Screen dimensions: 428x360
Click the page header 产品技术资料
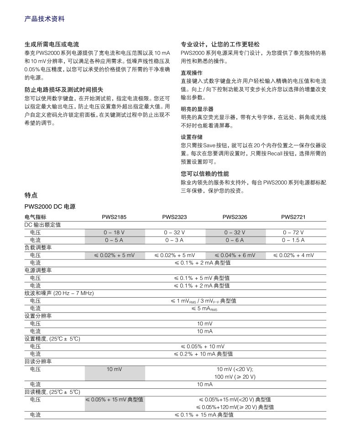click(x=44, y=19)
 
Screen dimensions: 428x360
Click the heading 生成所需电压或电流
click(x=52, y=45)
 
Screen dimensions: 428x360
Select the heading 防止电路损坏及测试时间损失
click(x=64, y=90)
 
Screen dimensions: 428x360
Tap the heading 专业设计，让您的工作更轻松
click(x=220, y=45)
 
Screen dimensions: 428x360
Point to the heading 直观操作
click(x=191, y=73)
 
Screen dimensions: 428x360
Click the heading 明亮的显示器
click(x=197, y=109)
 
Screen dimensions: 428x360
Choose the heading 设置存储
click(x=191, y=137)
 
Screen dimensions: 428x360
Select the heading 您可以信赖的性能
click(x=205, y=174)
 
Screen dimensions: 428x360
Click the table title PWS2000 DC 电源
click(x=50, y=206)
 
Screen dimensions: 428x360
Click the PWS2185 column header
click(x=114, y=217)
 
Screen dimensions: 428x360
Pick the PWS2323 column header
click(x=174, y=217)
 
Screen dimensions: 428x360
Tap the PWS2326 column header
click(x=235, y=217)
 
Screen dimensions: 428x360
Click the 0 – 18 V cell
click(x=114, y=232)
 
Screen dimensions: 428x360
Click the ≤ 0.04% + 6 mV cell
click(x=235, y=255)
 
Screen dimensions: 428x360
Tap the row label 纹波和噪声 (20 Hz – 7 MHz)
click(x=59, y=293)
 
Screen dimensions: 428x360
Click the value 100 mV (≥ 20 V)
click(x=235, y=377)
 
